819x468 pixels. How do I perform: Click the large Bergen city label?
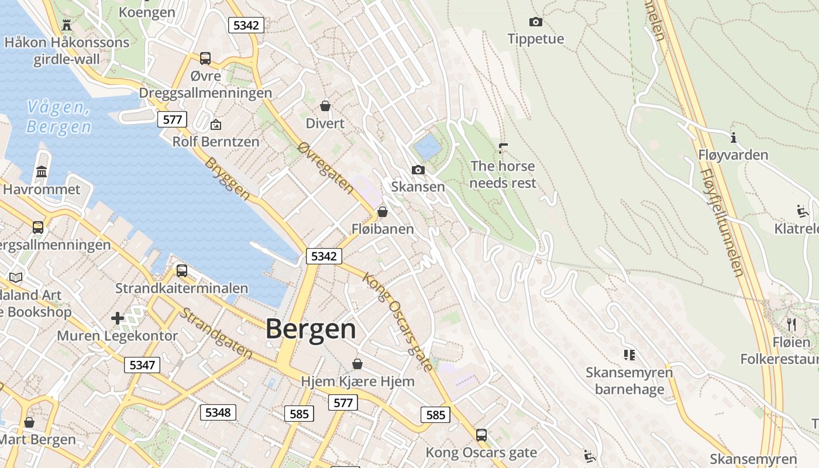coord(311,329)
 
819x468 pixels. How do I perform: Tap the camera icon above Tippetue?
coord(535,22)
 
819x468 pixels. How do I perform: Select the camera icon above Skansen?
coord(418,170)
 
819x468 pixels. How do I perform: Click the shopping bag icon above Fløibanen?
coord(382,212)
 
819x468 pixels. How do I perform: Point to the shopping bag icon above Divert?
coord(325,106)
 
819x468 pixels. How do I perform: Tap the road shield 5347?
coord(142,366)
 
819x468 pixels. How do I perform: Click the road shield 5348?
coord(218,412)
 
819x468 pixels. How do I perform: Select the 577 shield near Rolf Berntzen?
coord(172,120)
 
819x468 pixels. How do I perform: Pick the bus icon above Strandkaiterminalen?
coord(182,271)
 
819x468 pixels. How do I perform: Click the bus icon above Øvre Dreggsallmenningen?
coord(205,58)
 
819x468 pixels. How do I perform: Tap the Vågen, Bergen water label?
coord(58,117)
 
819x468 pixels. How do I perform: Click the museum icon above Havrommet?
coord(42,172)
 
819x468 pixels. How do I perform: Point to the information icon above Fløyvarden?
coord(733,137)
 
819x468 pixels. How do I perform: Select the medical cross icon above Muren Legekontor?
coord(118,318)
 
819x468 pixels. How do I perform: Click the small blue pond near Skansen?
coord(427,147)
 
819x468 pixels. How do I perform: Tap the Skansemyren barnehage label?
coord(629,381)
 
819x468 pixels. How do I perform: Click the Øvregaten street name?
coord(326,168)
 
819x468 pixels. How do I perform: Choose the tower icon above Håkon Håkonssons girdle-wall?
coord(66,25)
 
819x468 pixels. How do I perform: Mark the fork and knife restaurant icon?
coord(791,324)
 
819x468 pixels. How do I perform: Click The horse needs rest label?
coord(503,174)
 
